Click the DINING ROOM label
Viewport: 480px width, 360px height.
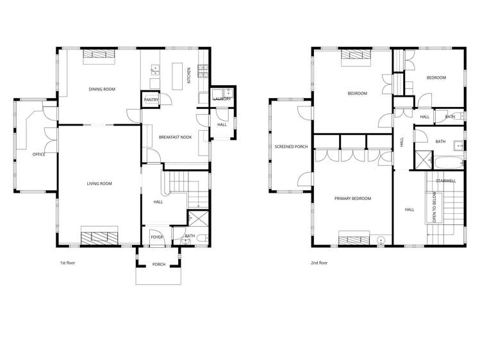click(x=101, y=89)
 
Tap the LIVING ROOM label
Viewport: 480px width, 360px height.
click(x=99, y=184)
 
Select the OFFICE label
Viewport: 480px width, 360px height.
click(x=38, y=154)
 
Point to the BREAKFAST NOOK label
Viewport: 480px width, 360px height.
click(x=175, y=137)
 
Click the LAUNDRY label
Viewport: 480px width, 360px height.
click(x=222, y=99)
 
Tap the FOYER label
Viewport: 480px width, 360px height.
click(x=157, y=237)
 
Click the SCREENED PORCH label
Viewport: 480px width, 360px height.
click(x=291, y=147)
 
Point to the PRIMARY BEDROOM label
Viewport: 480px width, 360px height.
click(x=352, y=199)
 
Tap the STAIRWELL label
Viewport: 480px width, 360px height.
click(x=445, y=181)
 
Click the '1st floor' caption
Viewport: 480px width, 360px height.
click(x=68, y=263)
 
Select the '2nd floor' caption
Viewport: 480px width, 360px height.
click(x=319, y=263)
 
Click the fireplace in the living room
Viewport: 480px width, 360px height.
click(x=99, y=236)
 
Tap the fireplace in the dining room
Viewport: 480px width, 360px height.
click(x=99, y=56)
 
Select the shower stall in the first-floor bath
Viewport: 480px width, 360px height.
click(x=197, y=219)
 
